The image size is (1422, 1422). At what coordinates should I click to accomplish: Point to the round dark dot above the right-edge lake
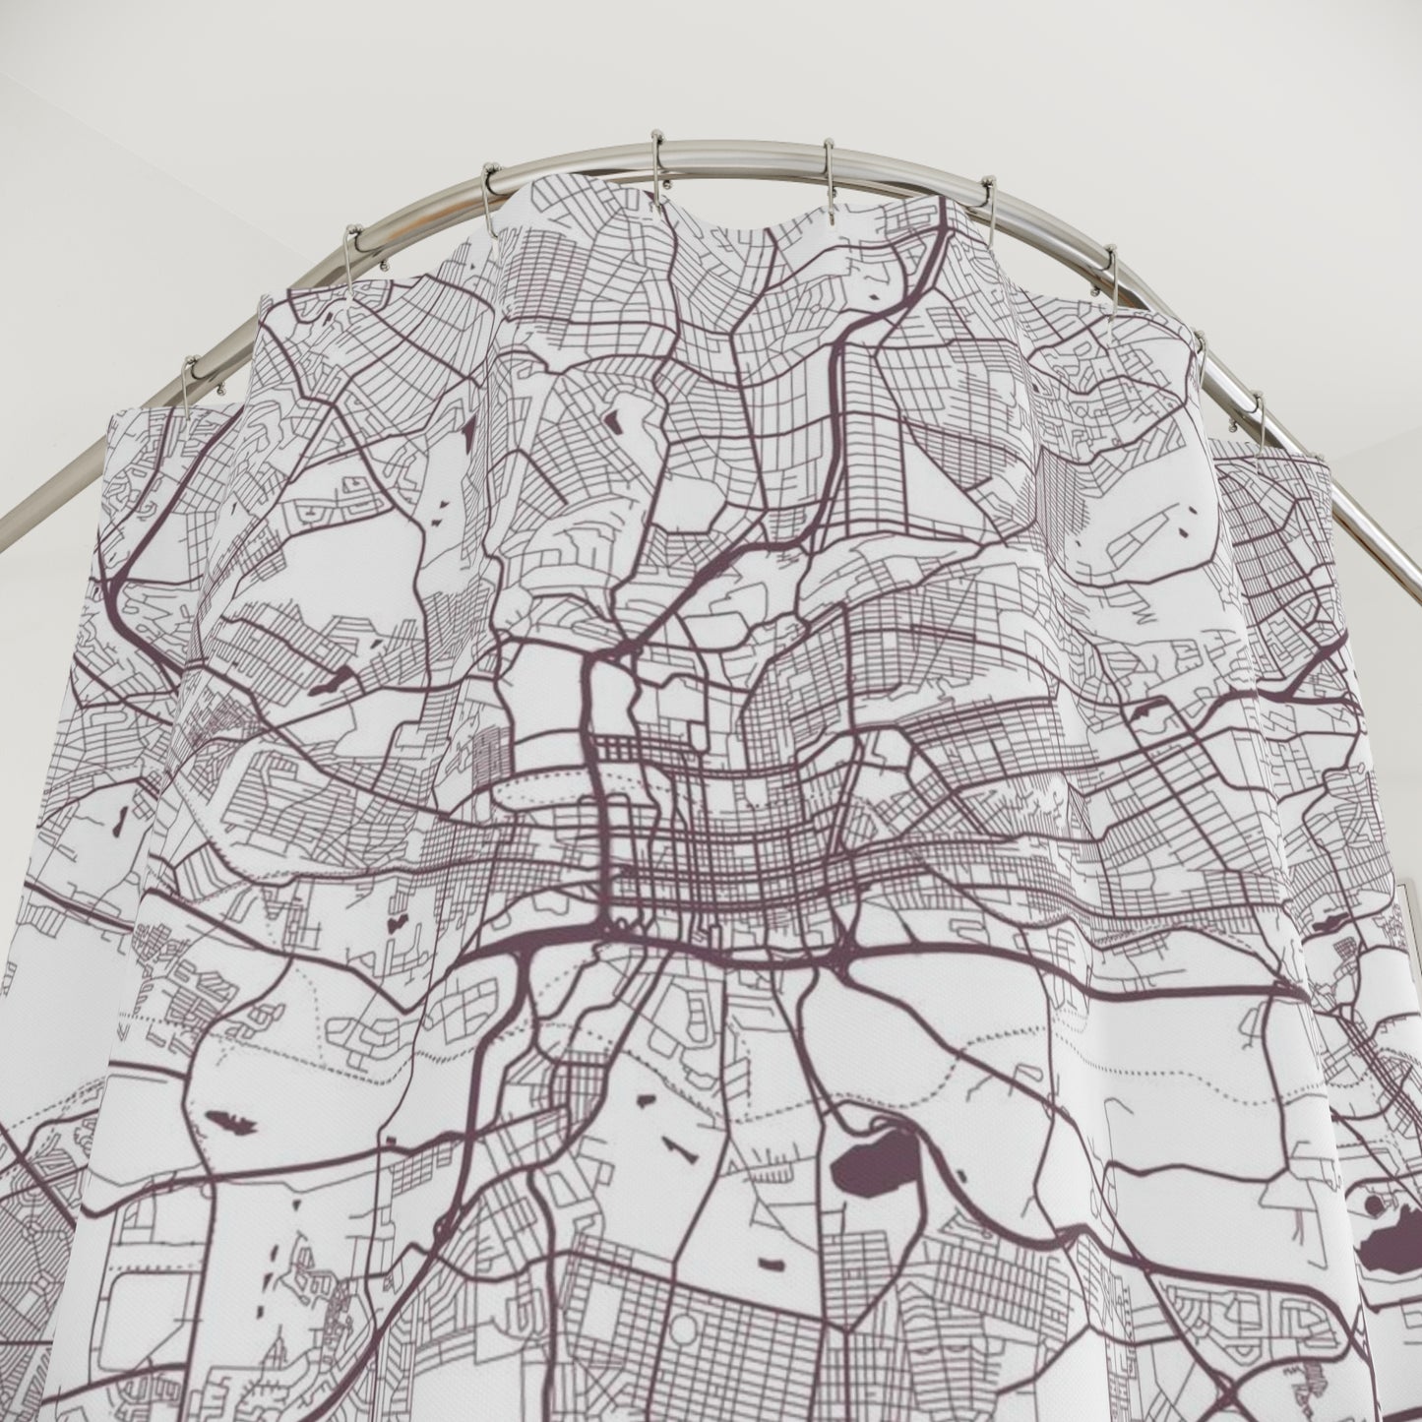[1373, 1204]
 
